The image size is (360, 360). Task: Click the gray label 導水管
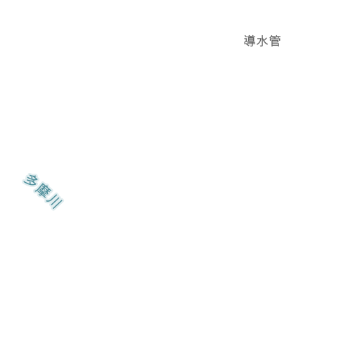(262, 41)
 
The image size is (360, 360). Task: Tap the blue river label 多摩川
(43, 192)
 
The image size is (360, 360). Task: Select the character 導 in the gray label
(250, 41)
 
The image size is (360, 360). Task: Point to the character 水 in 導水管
(262, 41)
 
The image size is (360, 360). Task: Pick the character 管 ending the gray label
(275, 41)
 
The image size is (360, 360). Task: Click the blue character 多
(30, 181)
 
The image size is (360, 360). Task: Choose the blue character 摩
(43, 191)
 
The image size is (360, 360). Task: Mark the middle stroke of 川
(54, 201)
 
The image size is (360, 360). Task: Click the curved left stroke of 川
(50, 198)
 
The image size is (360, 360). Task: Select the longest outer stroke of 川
(58, 205)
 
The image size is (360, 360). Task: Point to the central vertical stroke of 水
(262, 41)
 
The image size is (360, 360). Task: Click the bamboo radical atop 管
(275, 37)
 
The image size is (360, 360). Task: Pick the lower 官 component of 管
(275, 43)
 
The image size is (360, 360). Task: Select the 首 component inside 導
(252, 39)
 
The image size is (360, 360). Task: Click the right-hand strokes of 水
(265, 41)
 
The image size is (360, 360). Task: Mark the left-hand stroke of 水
(259, 41)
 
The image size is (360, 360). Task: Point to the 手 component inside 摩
(44, 195)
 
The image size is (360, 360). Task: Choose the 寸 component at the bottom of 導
(250, 45)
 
